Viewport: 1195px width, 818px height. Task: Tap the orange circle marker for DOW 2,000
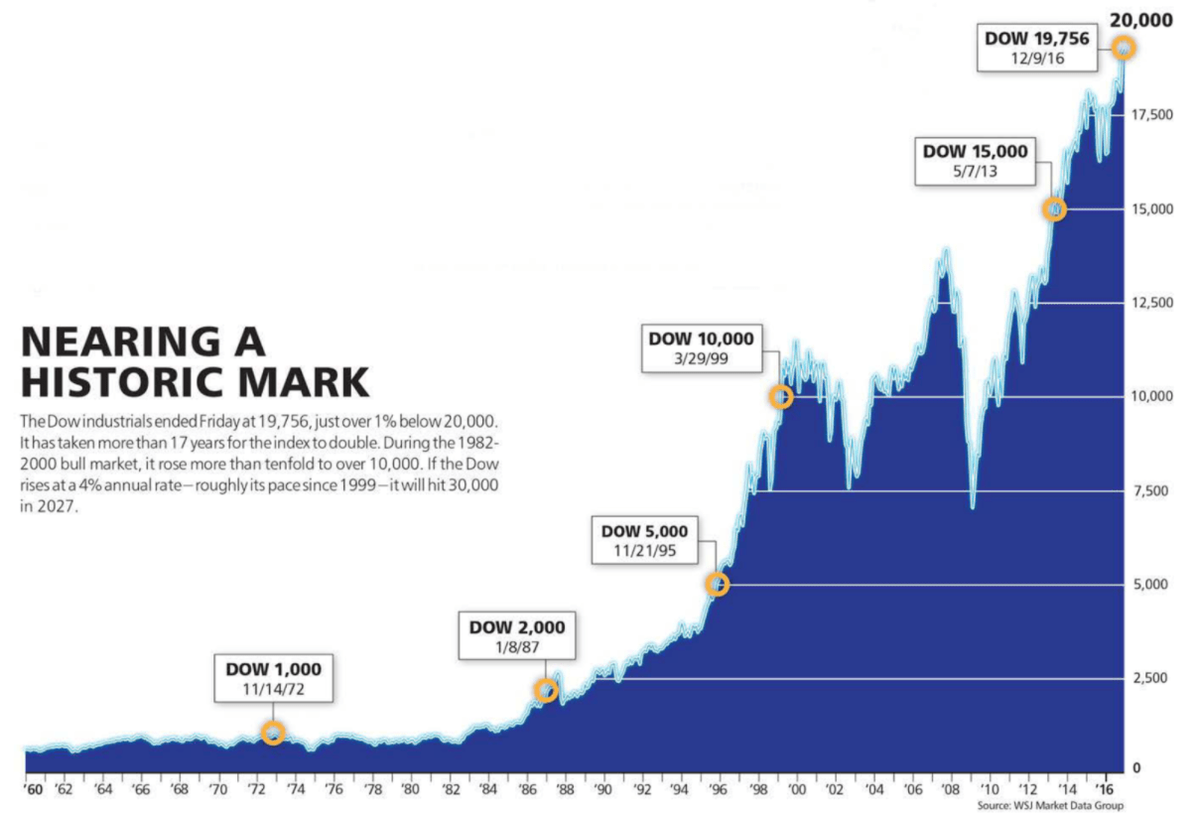545,690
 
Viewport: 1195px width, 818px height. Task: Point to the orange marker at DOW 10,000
781,396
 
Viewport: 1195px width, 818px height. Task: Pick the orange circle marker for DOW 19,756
1124,48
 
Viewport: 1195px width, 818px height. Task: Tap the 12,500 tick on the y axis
1150,303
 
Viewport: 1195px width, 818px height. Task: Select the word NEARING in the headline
120,342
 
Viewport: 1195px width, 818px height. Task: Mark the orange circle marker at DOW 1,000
273,733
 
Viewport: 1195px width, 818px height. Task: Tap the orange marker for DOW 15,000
1055,209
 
